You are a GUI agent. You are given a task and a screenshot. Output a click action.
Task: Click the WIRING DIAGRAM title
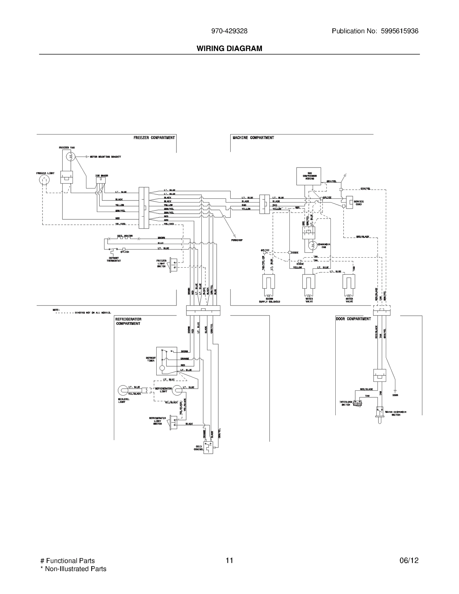229,48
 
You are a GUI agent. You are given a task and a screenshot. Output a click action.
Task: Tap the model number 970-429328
229,31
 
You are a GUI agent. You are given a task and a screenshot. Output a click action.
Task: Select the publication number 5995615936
399,31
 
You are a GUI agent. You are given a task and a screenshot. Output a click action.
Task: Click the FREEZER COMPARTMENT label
154,138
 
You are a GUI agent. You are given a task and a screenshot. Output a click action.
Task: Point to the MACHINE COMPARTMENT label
253,138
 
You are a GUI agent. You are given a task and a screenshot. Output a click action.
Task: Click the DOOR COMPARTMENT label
353,319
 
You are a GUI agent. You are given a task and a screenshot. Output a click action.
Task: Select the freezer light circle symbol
44,180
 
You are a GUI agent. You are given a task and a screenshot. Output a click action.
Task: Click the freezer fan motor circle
71,157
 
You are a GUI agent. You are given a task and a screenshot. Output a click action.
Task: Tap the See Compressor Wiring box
309,176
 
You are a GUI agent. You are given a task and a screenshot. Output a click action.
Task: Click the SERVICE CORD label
359,203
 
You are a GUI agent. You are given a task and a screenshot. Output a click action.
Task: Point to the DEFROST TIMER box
167,361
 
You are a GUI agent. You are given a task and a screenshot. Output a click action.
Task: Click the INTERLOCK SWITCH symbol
357,404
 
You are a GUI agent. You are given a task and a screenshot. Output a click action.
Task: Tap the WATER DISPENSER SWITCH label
396,413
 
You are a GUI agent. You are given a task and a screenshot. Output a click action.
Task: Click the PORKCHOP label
237,240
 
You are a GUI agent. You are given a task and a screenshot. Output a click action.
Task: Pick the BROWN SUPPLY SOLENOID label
269,300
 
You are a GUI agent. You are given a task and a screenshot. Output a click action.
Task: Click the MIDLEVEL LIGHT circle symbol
123,390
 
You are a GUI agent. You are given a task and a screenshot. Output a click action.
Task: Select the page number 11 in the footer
229,560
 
